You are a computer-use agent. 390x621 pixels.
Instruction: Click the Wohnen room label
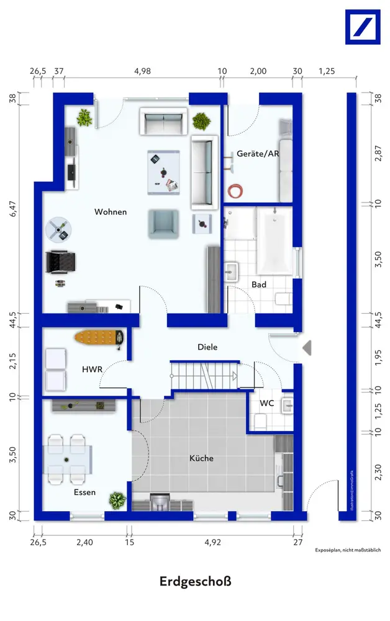tap(111, 212)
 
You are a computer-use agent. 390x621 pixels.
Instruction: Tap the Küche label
tap(201, 458)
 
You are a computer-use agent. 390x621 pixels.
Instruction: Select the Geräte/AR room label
tap(258, 153)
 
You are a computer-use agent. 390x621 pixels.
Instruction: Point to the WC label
tap(266, 403)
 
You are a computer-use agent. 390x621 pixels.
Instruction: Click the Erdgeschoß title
tap(195, 581)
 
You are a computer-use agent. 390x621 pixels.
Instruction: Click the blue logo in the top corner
tap(363, 27)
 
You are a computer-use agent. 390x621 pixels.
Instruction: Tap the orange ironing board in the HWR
tap(99, 338)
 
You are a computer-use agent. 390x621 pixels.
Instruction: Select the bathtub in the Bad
tap(274, 241)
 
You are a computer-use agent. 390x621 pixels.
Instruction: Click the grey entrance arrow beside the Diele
tap(307, 348)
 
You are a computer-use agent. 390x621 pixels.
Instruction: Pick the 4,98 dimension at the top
tap(143, 71)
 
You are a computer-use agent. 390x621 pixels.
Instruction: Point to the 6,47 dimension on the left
tap(14, 209)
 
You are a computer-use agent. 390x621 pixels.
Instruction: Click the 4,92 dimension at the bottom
tap(212, 542)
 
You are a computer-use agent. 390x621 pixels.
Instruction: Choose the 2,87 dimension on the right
tap(379, 153)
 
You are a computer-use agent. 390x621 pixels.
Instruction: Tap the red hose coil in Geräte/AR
tap(235, 191)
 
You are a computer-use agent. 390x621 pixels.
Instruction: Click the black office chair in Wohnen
tap(60, 262)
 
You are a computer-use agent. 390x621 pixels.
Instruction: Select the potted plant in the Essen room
tap(117, 501)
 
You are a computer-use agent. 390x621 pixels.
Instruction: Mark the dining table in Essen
tap(68, 460)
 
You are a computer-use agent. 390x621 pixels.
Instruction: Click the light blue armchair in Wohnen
tap(163, 224)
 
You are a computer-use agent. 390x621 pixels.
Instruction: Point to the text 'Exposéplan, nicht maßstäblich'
tap(348, 550)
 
